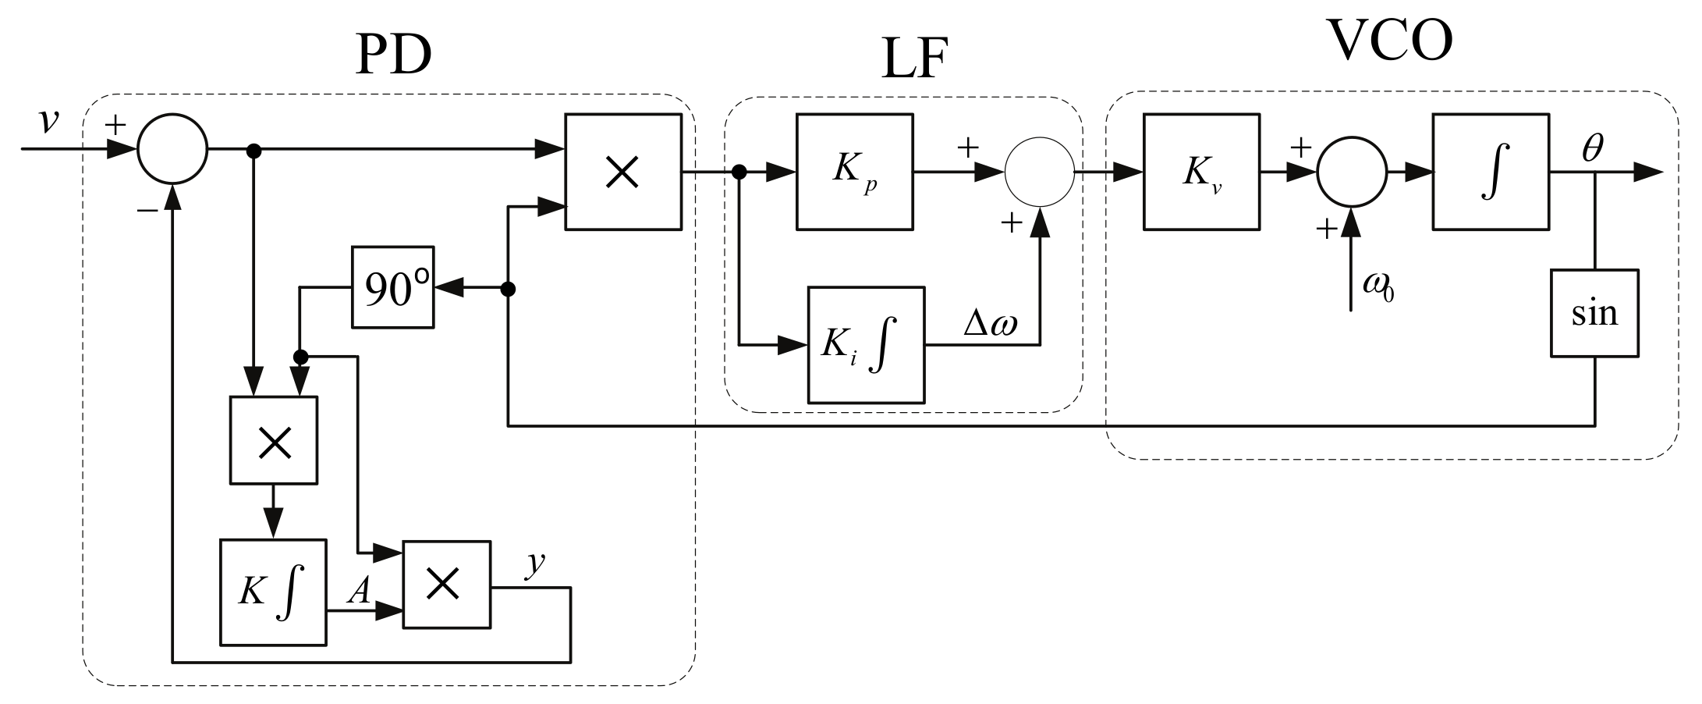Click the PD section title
393,55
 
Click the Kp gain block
854,172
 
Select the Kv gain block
1201,172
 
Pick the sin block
1594,313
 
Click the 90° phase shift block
393,287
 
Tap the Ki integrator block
867,345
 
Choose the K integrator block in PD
273,592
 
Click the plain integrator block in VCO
1491,172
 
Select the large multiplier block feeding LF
622,172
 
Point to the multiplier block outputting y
446,584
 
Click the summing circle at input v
172,149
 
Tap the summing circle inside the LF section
1040,172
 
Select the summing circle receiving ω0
1352,172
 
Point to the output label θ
1592,148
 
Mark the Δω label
991,322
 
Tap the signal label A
358,592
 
